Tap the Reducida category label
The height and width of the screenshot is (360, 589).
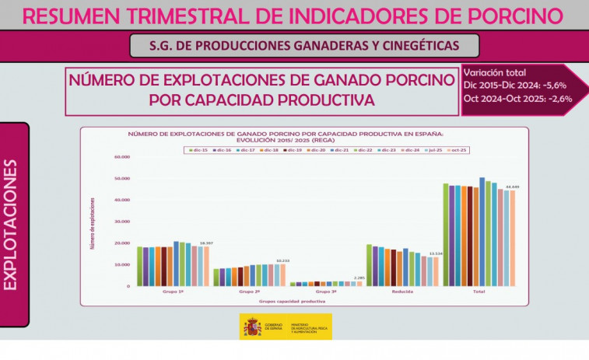coord(402,292)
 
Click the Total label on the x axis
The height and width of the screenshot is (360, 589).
coord(479,292)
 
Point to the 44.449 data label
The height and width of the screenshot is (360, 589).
coord(512,187)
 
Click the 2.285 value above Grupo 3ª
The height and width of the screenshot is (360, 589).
coord(359,278)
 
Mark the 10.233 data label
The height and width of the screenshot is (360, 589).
coord(282,260)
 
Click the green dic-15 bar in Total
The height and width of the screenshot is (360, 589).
coord(446,234)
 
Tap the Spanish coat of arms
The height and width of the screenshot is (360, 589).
coord(252,327)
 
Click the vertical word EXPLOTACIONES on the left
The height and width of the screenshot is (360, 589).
coord(12,225)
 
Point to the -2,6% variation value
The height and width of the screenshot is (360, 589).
coord(558,99)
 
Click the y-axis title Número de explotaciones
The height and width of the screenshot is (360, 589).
coord(93,222)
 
